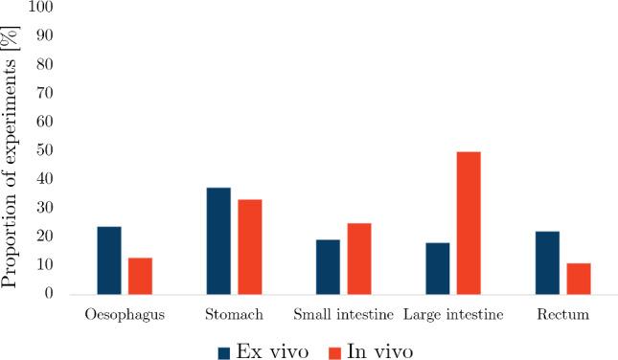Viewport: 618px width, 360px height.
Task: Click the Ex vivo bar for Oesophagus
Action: click(x=109, y=260)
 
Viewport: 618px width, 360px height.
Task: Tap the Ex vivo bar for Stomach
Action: click(x=218, y=240)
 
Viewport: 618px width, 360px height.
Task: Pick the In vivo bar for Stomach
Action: click(x=250, y=246)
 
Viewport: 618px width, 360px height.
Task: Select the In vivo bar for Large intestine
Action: click(x=469, y=222)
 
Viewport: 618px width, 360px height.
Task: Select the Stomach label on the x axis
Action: click(x=234, y=314)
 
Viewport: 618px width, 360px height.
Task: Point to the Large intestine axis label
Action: click(x=452, y=314)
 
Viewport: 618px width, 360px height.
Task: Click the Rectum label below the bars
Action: click(x=562, y=314)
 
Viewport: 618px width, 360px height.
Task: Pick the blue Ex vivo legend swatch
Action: click(x=225, y=351)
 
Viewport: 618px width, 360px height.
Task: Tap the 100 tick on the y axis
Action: click(x=44, y=7)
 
